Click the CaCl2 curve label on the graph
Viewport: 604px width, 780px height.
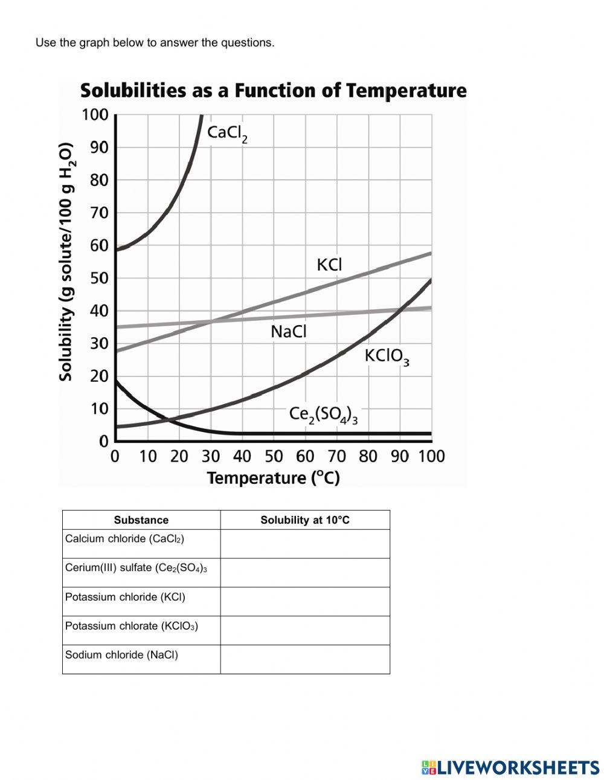pyautogui.click(x=227, y=134)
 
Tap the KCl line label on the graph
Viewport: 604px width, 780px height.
pyautogui.click(x=329, y=265)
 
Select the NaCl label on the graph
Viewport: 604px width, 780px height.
pyautogui.click(x=289, y=332)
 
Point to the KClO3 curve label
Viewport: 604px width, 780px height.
pyautogui.click(x=387, y=356)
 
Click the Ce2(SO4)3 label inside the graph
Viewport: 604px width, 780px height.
pyautogui.click(x=323, y=414)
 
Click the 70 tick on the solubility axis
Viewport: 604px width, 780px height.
pyautogui.click(x=99, y=213)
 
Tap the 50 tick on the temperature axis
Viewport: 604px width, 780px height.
pyautogui.click(x=274, y=456)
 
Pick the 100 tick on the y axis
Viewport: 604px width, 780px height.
pyautogui.click(x=95, y=115)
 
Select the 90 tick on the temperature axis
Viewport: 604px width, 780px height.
pyautogui.click(x=400, y=456)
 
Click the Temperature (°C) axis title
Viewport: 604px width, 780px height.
pyautogui.click(x=273, y=479)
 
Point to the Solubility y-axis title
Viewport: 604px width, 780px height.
pyautogui.click(x=66, y=262)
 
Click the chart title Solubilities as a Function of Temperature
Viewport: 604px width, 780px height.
pyautogui.click(x=273, y=91)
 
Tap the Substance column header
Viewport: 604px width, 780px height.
pyautogui.click(x=141, y=520)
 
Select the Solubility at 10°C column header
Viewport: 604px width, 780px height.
pyautogui.click(x=305, y=520)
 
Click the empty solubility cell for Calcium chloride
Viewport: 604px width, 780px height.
pyautogui.click(x=305, y=544)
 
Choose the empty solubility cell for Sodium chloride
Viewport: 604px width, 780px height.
pyautogui.click(x=305, y=659)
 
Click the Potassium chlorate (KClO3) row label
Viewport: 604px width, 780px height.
pyautogui.click(x=132, y=626)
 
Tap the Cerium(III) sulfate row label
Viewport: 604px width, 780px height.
pyautogui.click(x=136, y=568)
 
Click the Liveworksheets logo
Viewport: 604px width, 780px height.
pyautogui.click(x=510, y=767)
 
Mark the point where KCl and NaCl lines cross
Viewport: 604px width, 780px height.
pyautogui.click(x=211, y=321)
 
